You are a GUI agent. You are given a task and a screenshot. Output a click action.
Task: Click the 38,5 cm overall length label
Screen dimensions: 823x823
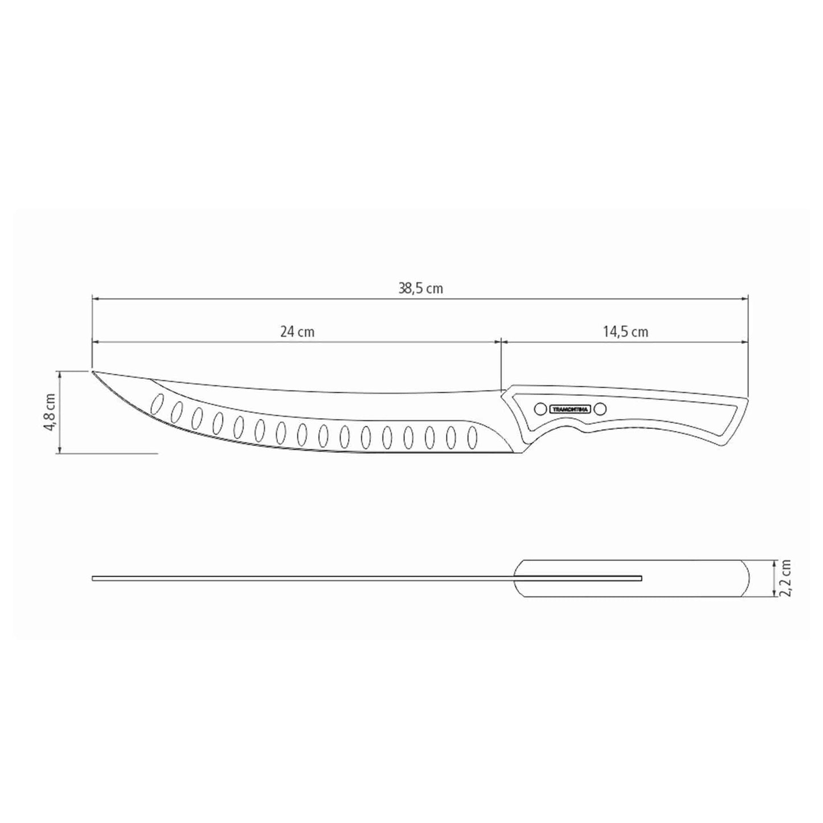pos(420,289)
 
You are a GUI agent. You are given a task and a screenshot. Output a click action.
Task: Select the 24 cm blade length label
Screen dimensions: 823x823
pos(297,332)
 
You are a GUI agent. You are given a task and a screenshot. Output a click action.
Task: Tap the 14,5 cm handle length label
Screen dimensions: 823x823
pos(625,332)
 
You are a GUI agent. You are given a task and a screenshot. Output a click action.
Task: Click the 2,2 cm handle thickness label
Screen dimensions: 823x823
pos(786,578)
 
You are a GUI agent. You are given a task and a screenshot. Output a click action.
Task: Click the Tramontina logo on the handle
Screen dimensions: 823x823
pos(570,408)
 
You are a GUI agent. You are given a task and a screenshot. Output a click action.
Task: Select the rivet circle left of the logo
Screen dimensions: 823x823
pos(539,408)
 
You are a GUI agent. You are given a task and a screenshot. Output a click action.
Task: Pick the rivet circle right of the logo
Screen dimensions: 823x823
pos(601,408)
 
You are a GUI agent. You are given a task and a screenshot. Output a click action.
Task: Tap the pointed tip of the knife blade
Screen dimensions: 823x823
pos(92,371)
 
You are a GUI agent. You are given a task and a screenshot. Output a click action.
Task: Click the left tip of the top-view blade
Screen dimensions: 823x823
pos(93,579)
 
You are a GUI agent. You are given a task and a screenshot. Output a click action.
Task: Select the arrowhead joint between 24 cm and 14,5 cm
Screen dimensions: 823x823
pos(501,342)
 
